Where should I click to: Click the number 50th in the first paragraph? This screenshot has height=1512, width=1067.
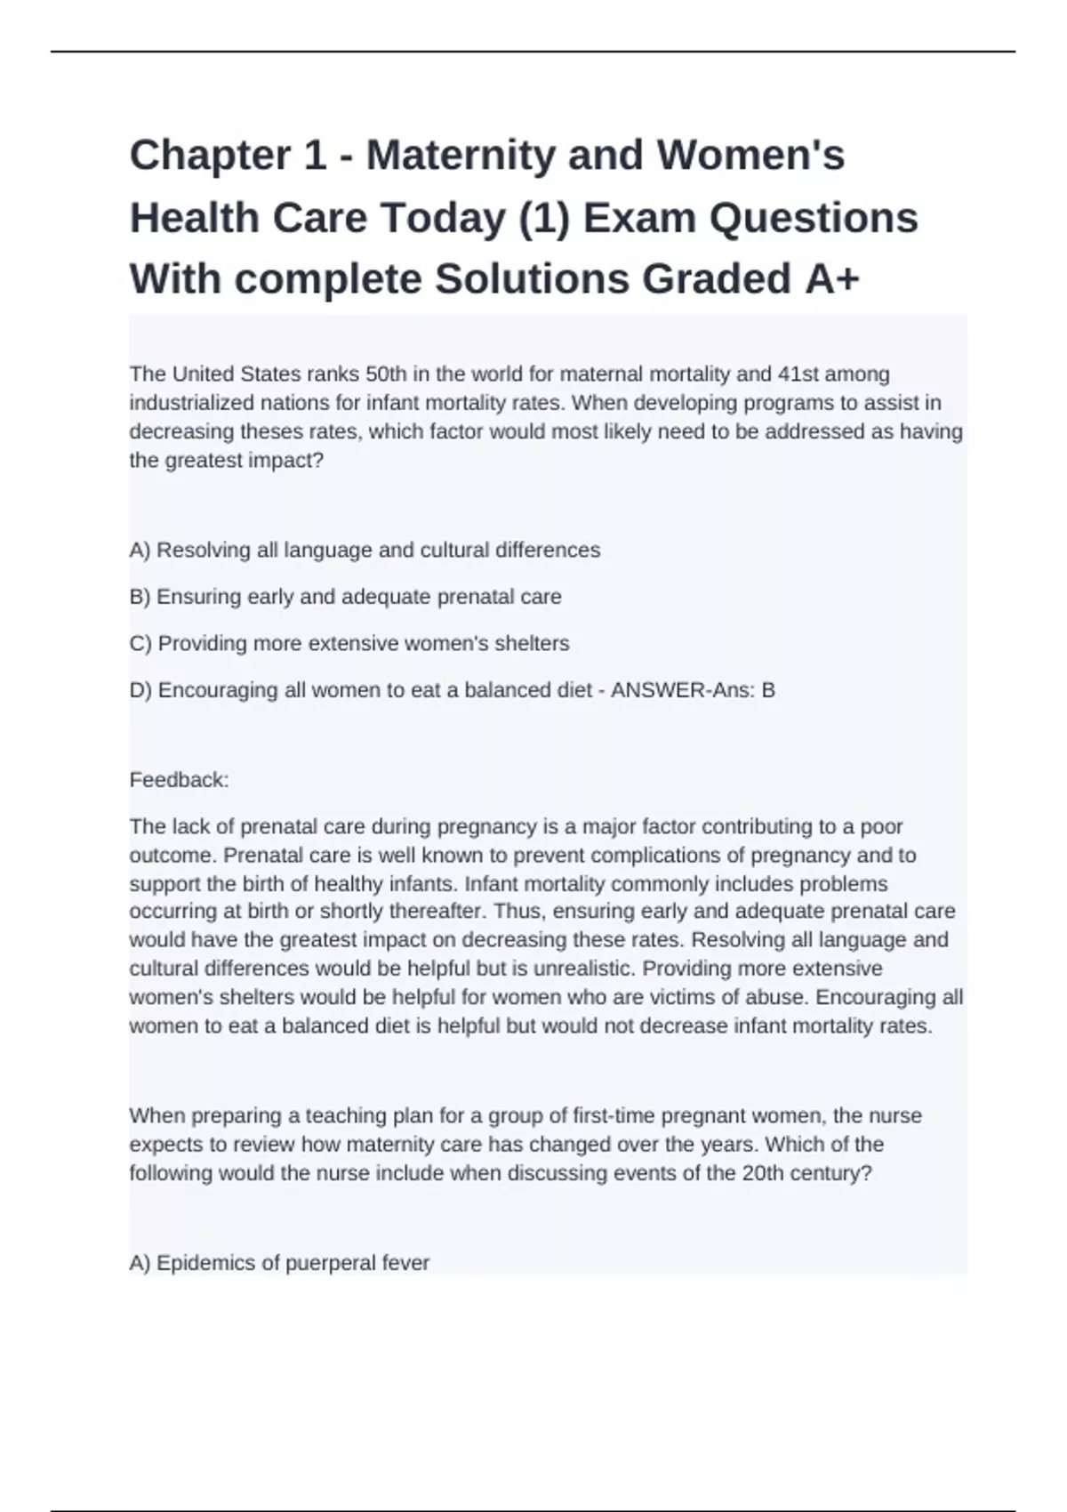(386, 374)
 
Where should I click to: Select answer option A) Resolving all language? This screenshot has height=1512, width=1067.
(365, 551)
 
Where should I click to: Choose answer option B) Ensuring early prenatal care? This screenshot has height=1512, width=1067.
(345, 597)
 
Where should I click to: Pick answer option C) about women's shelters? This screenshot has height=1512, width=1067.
(349, 644)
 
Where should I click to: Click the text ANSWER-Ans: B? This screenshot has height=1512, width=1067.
(693, 690)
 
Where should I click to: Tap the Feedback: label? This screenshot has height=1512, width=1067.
(179, 780)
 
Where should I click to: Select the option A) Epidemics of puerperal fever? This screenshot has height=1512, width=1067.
(279, 1263)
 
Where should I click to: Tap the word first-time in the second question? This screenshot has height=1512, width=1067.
(614, 1115)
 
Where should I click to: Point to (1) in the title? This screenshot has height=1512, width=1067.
(542, 218)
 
